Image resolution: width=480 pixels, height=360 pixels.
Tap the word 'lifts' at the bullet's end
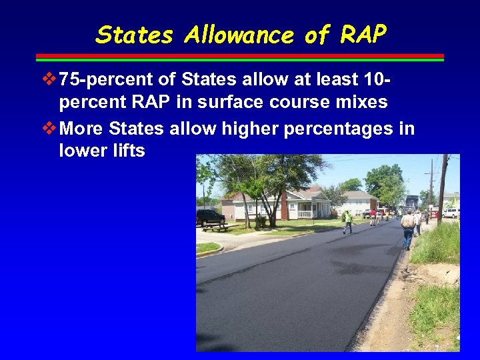(129, 151)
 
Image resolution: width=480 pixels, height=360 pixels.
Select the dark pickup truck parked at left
(210, 217)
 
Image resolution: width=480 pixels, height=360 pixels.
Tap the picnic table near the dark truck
(215, 227)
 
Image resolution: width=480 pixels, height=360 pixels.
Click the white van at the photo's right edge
(451, 213)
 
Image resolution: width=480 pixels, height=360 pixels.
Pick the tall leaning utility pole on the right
(442, 190)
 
